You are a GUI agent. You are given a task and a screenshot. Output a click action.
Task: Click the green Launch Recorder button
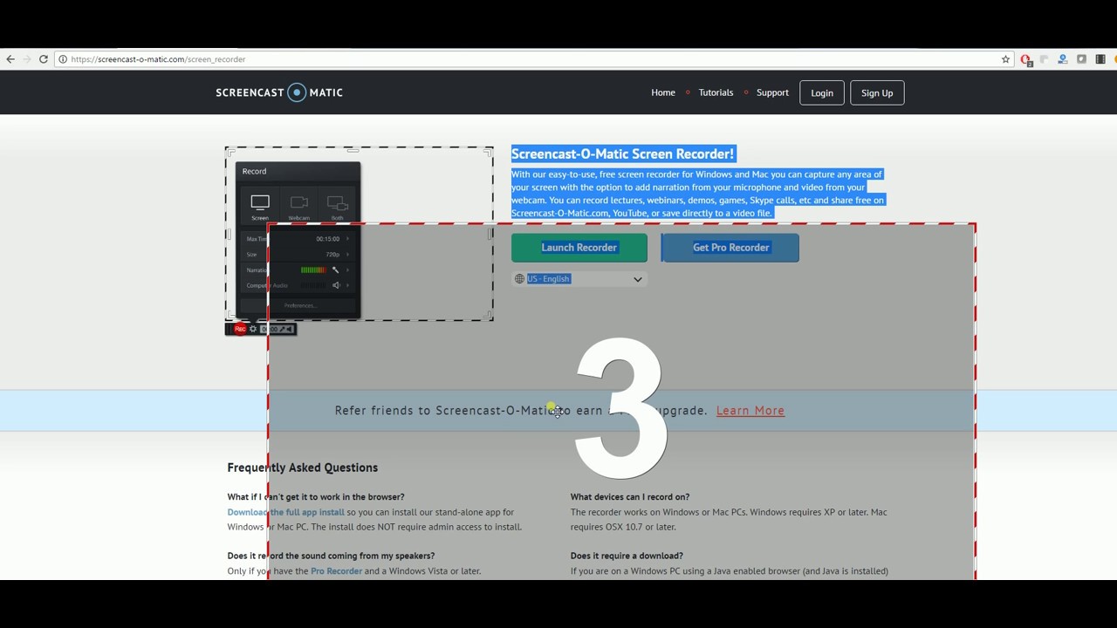coord(579,248)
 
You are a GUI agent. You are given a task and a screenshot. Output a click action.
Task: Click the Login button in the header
coord(822,93)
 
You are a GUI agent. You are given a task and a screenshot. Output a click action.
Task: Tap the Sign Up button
coord(876,93)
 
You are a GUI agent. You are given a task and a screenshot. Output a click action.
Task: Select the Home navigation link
coord(662,92)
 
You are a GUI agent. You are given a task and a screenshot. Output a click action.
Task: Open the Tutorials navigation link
coord(716,92)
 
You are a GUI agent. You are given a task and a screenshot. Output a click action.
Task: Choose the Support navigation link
coord(772,92)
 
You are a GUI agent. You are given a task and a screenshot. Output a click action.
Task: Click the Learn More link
coord(750,411)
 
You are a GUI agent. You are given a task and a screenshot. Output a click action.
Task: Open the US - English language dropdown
coord(579,279)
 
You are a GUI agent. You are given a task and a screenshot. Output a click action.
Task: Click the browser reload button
coord(44,59)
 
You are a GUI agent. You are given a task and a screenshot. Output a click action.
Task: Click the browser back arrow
coord(10,59)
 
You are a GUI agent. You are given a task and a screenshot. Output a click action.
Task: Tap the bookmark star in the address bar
coord(1005,59)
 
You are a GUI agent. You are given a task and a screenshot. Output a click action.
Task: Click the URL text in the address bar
coord(158,59)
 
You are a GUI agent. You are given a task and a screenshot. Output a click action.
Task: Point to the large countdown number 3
coord(620,407)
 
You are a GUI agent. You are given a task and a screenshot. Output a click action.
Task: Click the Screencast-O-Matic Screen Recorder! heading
coord(622,154)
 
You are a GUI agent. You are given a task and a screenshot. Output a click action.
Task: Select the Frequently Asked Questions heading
coord(302,468)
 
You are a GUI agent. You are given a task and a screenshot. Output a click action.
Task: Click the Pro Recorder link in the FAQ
coord(336,571)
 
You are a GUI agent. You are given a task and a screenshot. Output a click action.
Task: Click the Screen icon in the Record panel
coord(260,206)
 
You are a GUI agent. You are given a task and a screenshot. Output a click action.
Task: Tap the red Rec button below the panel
coord(240,329)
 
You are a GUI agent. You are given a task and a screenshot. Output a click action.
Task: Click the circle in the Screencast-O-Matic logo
coord(298,92)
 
